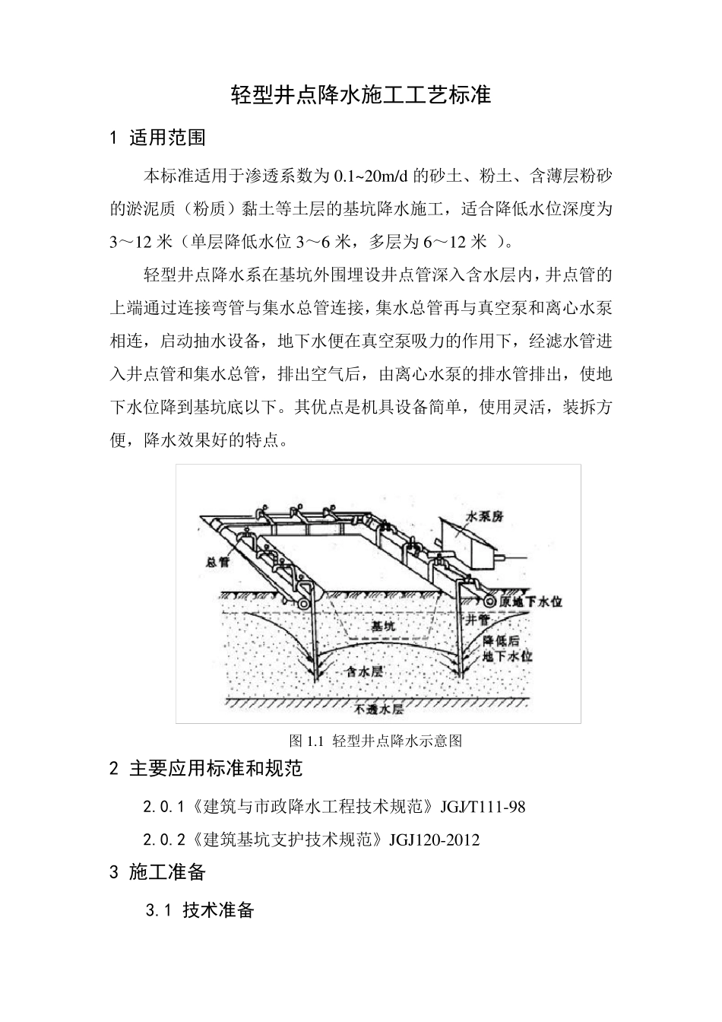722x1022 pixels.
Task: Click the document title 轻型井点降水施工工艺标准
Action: tap(361, 96)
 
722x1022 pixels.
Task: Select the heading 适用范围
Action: tap(167, 138)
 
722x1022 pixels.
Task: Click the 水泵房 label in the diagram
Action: tap(484, 516)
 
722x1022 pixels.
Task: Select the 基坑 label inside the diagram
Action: tap(384, 626)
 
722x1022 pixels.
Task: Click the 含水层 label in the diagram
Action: tap(364, 671)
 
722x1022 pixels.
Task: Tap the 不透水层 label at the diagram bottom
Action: tap(379, 711)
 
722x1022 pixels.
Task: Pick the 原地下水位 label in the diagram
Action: tap(532, 601)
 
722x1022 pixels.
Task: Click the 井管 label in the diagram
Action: tap(478, 620)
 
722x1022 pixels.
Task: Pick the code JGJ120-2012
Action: tap(434, 840)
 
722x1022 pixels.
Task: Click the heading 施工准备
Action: tap(167, 872)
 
